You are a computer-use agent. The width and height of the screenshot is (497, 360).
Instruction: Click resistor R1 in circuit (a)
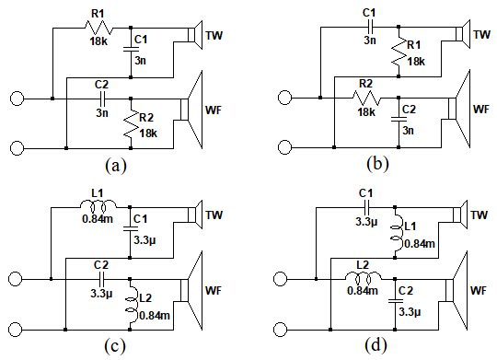click(98, 28)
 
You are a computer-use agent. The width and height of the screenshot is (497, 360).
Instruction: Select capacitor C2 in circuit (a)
click(102, 99)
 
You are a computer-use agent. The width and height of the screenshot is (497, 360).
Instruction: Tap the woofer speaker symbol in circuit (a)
click(191, 110)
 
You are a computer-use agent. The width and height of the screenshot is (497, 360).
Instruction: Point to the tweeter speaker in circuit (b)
click(463, 34)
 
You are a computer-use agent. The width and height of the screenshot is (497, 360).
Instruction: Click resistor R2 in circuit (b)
click(366, 98)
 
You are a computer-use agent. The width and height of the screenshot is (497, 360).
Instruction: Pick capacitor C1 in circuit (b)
click(370, 27)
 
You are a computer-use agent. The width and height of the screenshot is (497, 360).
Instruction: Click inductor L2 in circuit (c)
click(132, 305)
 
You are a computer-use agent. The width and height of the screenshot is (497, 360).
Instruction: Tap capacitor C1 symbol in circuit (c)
click(131, 228)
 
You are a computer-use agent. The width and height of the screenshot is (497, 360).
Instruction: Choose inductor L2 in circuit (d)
click(364, 278)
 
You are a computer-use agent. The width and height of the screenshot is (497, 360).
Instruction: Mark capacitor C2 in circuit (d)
click(395, 300)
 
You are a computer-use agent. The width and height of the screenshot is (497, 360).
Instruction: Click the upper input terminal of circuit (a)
click(17, 99)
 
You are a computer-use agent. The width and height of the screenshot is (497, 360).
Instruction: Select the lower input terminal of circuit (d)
click(280, 330)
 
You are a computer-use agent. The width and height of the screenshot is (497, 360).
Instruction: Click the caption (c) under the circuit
click(115, 346)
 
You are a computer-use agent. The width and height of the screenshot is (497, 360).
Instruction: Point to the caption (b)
click(377, 164)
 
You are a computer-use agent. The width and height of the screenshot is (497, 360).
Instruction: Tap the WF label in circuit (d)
click(478, 290)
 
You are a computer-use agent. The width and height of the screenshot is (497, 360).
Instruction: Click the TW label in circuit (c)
click(214, 215)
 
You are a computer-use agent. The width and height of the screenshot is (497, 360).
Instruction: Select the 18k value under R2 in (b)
click(366, 112)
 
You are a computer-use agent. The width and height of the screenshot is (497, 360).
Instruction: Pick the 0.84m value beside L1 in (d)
click(420, 244)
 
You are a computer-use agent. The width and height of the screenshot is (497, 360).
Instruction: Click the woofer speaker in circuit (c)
click(191, 290)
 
